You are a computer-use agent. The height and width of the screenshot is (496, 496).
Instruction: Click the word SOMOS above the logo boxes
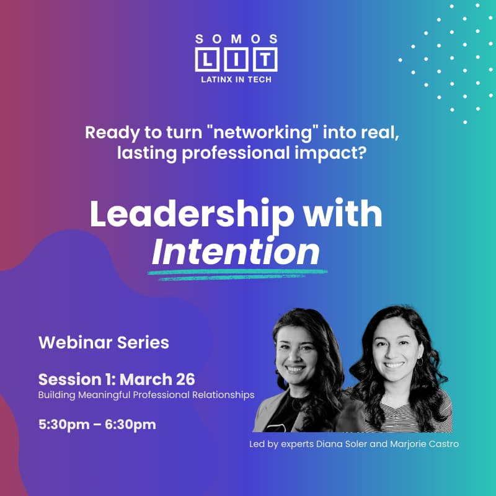[236, 38]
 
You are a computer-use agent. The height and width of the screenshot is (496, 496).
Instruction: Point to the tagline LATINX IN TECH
[236, 79]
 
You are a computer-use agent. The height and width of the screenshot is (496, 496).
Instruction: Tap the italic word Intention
[236, 251]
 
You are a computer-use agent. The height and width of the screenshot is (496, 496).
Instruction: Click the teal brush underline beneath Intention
[239, 273]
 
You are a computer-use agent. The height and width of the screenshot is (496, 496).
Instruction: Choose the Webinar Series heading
[104, 342]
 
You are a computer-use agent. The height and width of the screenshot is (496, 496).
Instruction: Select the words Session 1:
[77, 379]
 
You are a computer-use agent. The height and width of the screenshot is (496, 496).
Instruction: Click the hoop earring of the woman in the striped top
[420, 361]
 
